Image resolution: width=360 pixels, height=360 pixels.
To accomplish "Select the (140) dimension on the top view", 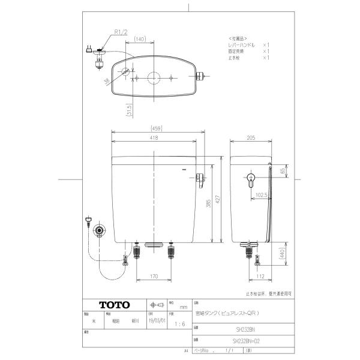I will pos(140,38).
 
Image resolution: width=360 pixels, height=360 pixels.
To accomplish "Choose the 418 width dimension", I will pos(154,137).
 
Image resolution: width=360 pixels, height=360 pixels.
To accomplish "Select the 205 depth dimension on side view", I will pos(250,137).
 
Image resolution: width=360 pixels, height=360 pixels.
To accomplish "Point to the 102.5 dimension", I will pos(260,195).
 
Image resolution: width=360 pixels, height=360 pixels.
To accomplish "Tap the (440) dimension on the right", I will pos(281,254).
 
